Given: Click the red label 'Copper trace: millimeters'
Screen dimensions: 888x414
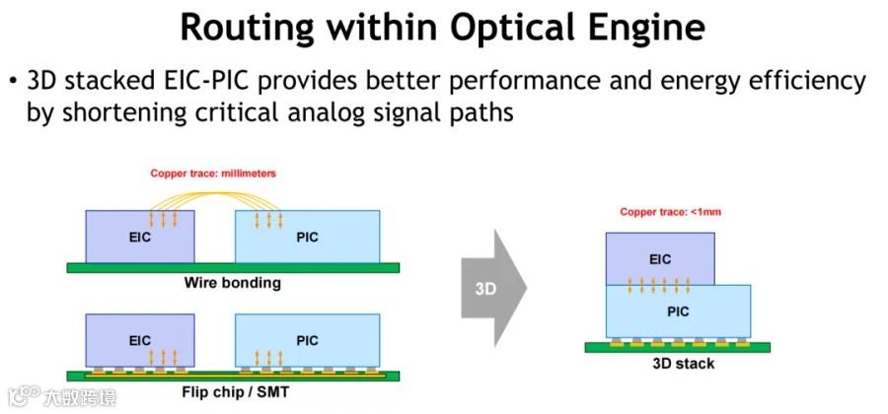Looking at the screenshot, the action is click(x=213, y=173).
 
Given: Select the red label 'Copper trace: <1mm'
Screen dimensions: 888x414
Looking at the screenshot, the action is click(x=671, y=213).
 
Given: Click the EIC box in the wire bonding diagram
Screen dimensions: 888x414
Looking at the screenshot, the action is click(x=140, y=237).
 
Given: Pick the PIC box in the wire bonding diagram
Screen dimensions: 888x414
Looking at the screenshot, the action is click(x=308, y=237).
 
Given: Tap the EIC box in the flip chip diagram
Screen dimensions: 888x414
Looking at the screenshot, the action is click(x=140, y=340).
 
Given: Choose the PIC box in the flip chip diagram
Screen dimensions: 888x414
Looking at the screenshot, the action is click(x=308, y=340).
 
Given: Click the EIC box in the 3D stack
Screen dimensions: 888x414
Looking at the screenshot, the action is click(x=660, y=259).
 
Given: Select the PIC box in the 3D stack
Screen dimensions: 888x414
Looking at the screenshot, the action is click(x=679, y=311).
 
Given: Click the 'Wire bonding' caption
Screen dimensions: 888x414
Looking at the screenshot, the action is click(x=232, y=282).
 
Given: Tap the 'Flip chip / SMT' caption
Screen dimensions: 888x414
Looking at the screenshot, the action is click(x=235, y=391).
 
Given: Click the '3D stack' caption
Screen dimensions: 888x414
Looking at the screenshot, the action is click(x=684, y=363).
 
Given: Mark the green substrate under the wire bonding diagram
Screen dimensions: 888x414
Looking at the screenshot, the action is click(x=233, y=267).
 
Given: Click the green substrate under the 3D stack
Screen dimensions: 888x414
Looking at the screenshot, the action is click(x=677, y=347).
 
